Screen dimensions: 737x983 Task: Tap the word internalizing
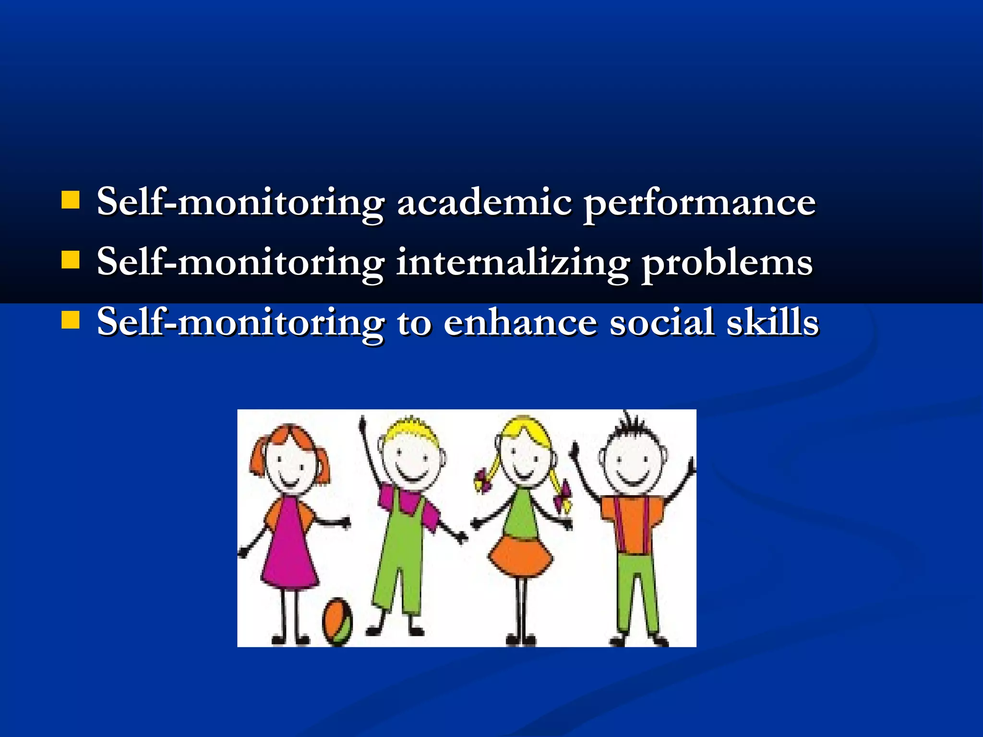[512, 263]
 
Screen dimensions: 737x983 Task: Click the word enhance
[520, 322]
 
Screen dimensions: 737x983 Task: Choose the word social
[661, 322]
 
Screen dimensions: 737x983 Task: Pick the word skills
[772, 322]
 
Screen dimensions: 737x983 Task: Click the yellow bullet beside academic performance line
[71, 200]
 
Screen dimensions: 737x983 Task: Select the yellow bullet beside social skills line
[71, 320]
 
